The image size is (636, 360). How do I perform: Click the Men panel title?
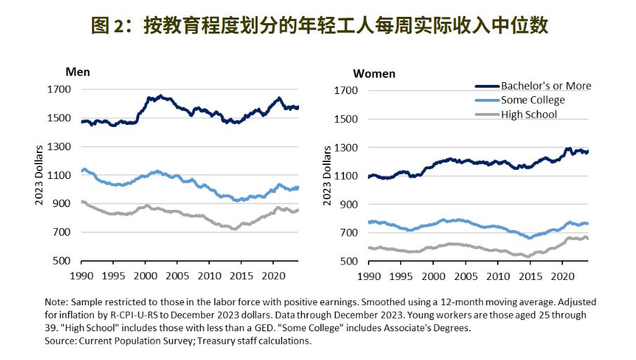[77, 72]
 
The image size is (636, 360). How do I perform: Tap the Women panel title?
[373, 73]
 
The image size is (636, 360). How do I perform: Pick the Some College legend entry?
[533, 100]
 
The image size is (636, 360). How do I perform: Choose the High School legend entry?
[529, 114]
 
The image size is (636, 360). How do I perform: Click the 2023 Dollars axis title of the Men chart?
[39, 175]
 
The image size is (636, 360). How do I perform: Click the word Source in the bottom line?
[60, 341]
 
